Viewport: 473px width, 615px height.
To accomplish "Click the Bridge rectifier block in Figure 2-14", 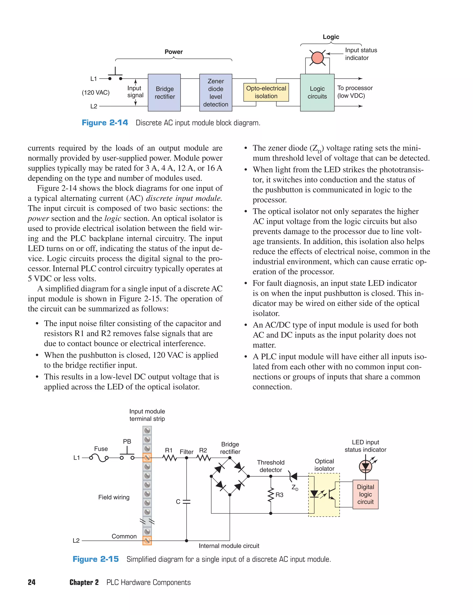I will point(164,92).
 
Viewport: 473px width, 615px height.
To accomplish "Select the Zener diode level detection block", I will point(216,92).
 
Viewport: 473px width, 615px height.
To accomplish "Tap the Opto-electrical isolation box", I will point(266,92).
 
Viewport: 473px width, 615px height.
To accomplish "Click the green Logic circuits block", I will point(317,92).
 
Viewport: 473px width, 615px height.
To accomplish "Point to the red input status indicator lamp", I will point(317,58).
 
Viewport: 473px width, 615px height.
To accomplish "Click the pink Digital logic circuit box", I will point(365,494).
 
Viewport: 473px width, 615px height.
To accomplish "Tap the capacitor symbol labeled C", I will point(186,502).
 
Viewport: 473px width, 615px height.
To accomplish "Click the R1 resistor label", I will point(169,450).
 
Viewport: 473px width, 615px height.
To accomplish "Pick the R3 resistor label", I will point(279,495).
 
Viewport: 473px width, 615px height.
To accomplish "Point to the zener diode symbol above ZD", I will point(293,476).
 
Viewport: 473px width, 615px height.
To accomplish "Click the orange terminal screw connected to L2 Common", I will point(147,540).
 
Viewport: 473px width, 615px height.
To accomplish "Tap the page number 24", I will point(32,582).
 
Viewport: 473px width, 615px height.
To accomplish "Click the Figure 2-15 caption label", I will point(96,559).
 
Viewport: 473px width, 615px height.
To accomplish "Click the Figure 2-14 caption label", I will point(105,123).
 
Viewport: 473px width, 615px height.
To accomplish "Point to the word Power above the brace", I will point(173,52).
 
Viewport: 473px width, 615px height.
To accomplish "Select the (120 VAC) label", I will point(96,93).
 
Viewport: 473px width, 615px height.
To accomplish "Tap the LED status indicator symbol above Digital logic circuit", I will point(365,466).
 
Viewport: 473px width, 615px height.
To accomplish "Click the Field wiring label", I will point(114,497).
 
